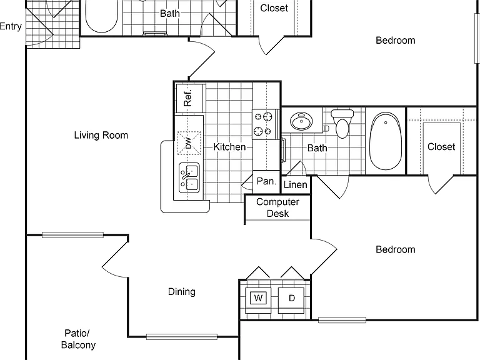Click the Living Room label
click(x=101, y=135)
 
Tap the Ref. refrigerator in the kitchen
click(x=189, y=98)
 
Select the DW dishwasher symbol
click(x=189, y=143)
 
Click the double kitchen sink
click(x=189, y=178)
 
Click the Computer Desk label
click(x=277, y=207)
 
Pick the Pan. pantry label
click(x=266, y=181)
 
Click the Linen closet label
click(x=296, y=184)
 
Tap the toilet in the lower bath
click(x=342, y=124)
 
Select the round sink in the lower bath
click(x=301, y=121)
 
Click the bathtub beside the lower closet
click(x=386, y=141)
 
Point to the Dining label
click(x=182, y=291)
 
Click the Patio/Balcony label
click(x=78, y=339)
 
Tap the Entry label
click(x=11, y=27)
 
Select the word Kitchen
click(x=229, y=147)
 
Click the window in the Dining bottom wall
click(x=182, y=337)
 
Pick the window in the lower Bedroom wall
click(x=342, y=320)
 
